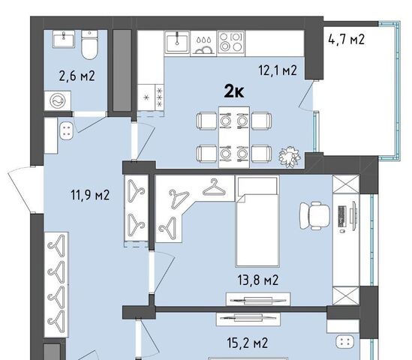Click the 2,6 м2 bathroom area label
pos(77,76)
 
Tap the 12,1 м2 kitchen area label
pos(278,70)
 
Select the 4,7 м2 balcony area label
pos(346,40)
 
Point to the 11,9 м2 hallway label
pos(90,195)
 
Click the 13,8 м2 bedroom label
pos(257,280)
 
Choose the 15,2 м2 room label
pos(248,343)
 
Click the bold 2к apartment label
pos(234,91)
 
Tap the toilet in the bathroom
pos(89,45)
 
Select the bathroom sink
pos(64,39)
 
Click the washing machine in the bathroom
pos(58,100)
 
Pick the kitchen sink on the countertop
pos(177,42)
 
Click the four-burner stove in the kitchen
pos(231,42)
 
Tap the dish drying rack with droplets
pos(203,43)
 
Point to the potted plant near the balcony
pos(289,157)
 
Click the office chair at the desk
pos(314,216)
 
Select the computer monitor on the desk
pos(353,212)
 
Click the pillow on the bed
pos(257,185)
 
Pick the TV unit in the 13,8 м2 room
pos(258,299)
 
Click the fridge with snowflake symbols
pos(151,97)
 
